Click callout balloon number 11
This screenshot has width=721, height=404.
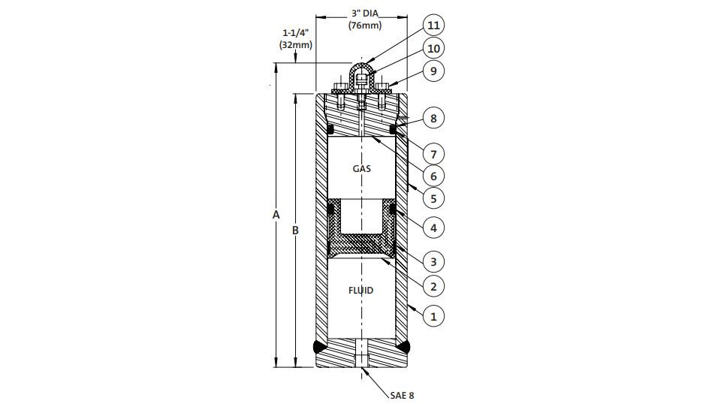point(433,25)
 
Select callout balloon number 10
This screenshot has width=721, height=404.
point(433,48)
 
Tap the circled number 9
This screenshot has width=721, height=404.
point(433,71)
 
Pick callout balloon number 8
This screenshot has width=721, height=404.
point(433,119)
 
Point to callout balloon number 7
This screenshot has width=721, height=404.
point(433,154)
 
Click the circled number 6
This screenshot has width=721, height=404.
point(433,176)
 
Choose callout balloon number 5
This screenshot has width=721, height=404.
point(433,199)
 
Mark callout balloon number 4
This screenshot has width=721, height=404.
point(433,228)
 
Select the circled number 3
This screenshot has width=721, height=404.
point(433,262)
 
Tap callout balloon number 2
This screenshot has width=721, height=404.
point(433,287)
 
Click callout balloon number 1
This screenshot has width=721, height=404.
point(433,316)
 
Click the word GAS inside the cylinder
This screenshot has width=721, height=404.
point(362,169)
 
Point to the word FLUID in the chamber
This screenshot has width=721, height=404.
point(361,291)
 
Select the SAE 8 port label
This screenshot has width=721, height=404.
point(403,395)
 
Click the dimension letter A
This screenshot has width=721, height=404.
point(276,215)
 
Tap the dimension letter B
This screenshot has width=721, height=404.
point(296,231)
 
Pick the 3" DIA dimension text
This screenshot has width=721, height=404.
point(365,14)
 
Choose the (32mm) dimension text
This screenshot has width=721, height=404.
point(296,45)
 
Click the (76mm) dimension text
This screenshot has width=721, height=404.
point(365,26)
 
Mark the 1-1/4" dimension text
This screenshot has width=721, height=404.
point(296,33)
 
